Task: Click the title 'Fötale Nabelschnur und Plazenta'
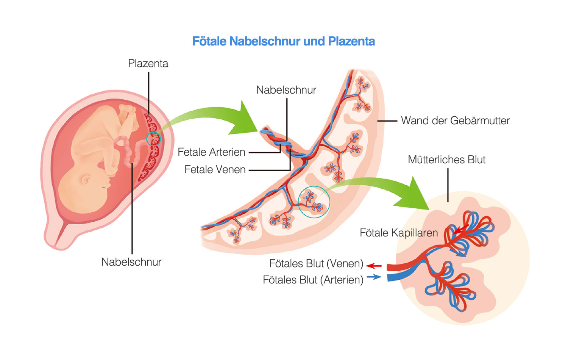284,41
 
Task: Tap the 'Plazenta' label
148,63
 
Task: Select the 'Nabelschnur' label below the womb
131,262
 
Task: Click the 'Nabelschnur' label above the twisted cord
286,90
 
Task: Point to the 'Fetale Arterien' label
211,152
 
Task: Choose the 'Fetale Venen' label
215,169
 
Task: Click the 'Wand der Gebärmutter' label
455,121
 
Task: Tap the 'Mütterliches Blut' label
446,160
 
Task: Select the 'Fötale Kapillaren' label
399,233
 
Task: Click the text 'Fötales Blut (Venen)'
316,264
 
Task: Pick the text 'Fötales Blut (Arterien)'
313,280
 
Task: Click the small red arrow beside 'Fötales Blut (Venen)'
374,266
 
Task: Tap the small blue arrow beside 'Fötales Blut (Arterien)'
374,277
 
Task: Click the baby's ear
86,180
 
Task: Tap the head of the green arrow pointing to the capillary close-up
415,196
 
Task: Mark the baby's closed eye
104,188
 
